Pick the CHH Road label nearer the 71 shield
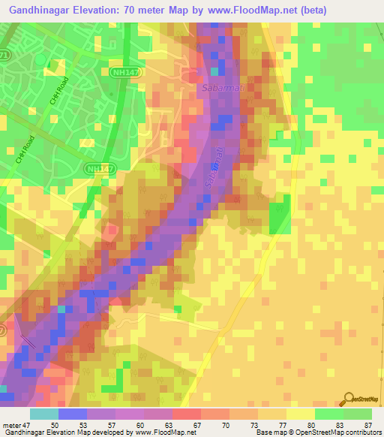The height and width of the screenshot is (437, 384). [x=59, y=94]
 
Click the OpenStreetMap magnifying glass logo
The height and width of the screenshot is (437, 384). [x=349, y=400]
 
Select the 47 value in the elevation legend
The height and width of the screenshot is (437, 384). [x=28, y=425]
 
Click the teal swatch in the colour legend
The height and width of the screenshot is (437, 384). [x=44, y=414]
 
